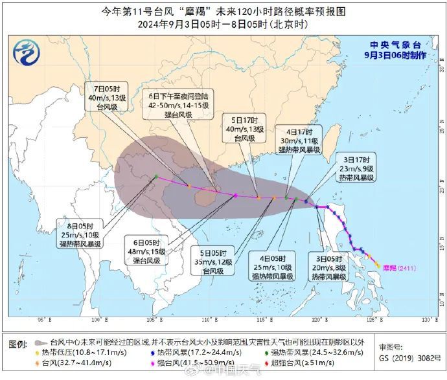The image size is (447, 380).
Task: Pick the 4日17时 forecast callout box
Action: (x=296, y=139)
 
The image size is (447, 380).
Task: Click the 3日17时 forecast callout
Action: (x=352, y=169)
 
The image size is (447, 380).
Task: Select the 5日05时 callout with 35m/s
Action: (x=212, y=262)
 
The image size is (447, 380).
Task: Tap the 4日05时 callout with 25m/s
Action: (x=273, y=267)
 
